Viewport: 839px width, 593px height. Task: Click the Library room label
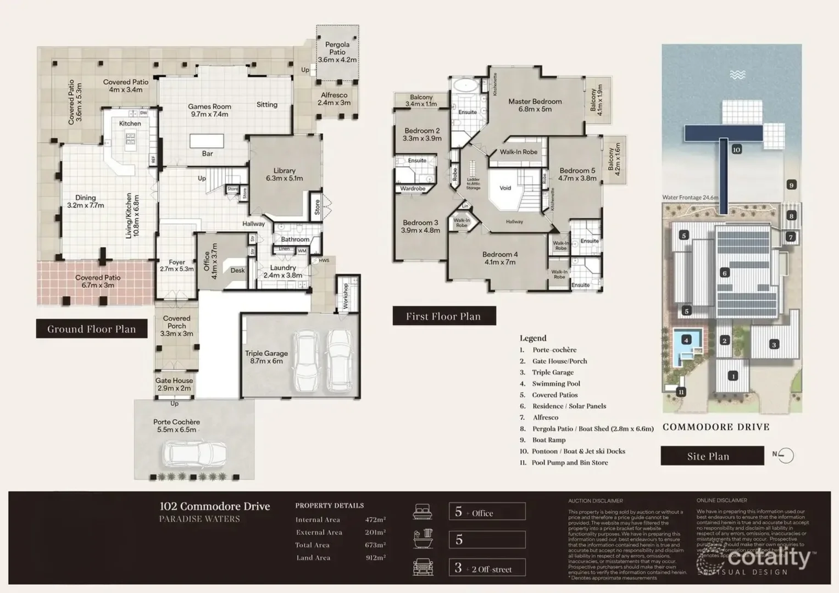[x=284, y=174]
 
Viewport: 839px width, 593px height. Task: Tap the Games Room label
[x=209, y=110]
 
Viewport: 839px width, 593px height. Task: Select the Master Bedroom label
[x=535, y=105]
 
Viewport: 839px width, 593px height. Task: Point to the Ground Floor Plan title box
[x=91, y=329]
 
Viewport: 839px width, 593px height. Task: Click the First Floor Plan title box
[x=443, y=316]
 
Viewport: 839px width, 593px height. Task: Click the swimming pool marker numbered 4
[x=686, y=340]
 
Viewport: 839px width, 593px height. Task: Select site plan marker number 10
[x=736, y=149]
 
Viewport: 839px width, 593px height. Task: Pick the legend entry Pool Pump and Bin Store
[x=569, y=462]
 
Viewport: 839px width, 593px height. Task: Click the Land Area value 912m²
[x=375, y=558]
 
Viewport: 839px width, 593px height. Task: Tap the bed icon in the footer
[x=423, y=512]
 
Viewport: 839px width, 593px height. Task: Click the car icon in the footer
[x=423, y=567]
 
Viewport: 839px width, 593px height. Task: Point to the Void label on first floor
[x=505, y=188]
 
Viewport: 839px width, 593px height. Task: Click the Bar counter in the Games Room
[x=207, y=142]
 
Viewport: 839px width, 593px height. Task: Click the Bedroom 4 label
[x=499, y=258]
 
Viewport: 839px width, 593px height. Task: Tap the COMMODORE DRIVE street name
[x=715, y=427]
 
